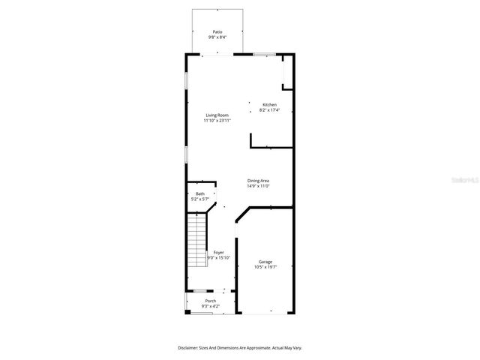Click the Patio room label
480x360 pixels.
(x=217, y=32)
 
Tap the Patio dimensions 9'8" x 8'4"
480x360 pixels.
(x=217, y=37)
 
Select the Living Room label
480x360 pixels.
(x=217, y=115)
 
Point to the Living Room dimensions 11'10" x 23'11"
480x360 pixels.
(x=217, y=121)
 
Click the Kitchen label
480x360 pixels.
(x=269, y=105)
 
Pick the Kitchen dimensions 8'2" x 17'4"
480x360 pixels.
(x=269, y=110)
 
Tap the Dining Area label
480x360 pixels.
(x=259, y=181)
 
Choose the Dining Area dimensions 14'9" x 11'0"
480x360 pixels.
(x=259, y=186)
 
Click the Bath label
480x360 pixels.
(x=200, y=194)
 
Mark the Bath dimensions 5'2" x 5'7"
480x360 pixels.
(x=200, y=199)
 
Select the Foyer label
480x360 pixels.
(x=218, y=253)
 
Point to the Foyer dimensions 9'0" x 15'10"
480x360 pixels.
(x=218, y=258)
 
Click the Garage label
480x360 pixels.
(x=265, y=262)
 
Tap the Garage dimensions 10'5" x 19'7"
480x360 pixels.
(x=265, y=267)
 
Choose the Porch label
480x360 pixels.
(x=211, y=301)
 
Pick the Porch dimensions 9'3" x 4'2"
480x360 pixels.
(x=211, y=306)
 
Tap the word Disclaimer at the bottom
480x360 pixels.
(x=188, y=348)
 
